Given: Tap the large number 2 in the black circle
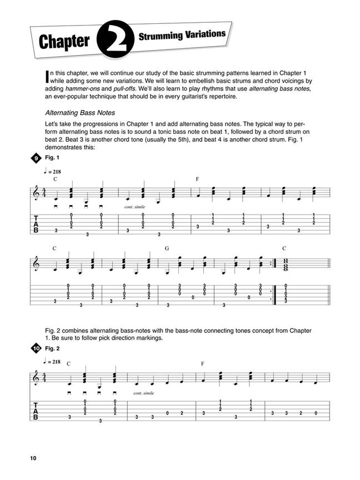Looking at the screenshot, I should tap(114, 40).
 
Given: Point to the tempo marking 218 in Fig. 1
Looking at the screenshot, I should tap(54, 172).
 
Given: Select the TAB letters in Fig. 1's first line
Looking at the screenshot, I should tap(37, 223).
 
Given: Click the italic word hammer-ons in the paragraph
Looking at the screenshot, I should tap(78, 88).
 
